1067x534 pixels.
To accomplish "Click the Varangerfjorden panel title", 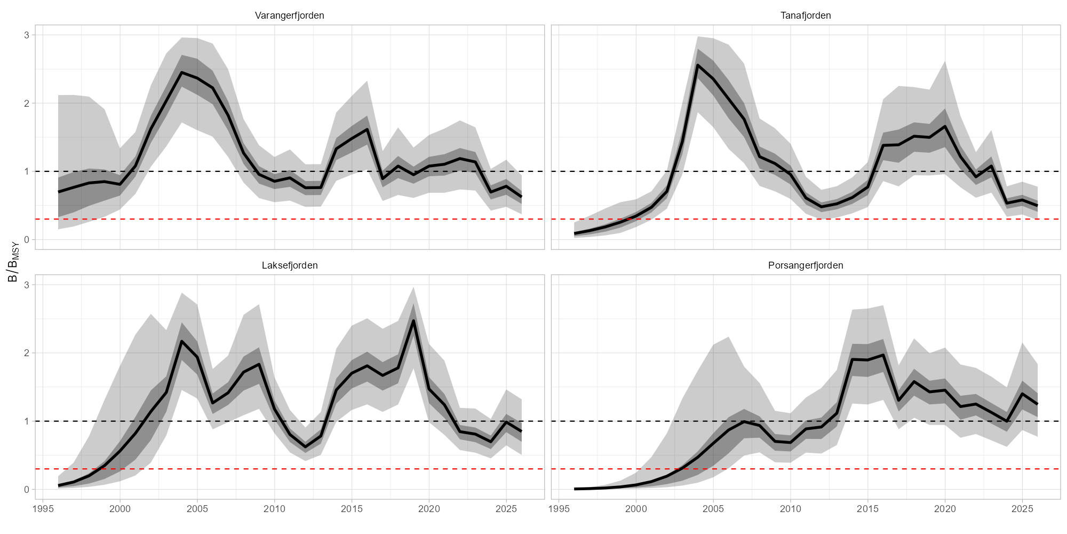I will pyautogui.click(x=289, y=15).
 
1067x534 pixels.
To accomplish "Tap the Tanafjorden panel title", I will pyautogui.click(x=806, y=15).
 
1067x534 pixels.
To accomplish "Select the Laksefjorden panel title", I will pyautogui.click(x=290, y=265).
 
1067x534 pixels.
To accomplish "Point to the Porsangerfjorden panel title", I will pyautogui.click(x=806, y=265).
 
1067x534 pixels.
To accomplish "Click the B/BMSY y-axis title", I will pyautogui.click(x=13, y=261).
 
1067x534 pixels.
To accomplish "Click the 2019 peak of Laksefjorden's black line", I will pyautogui.click(x=413, y=321).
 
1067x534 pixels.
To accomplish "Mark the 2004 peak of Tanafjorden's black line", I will pyautogui.click(x=698, y=65).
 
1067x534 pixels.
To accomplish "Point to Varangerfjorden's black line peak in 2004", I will pyautogui.click(x=181, y=73).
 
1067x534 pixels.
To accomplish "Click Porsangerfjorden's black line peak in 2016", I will pyautogui.click(x=883, y=355).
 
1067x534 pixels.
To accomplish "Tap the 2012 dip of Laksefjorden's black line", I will pyautogui.click(x=305, y=447).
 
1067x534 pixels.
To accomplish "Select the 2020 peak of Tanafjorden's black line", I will pyautogui.click(x=945, y=126).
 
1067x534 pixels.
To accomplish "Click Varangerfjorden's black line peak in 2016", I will pyautogui.click(x=367, y=129).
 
